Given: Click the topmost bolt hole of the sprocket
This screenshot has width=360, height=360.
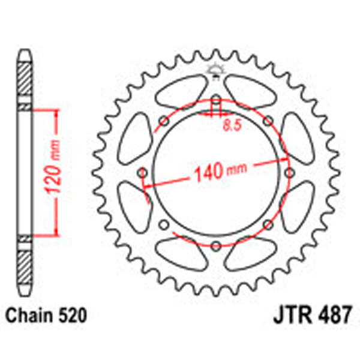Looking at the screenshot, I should [215, 100].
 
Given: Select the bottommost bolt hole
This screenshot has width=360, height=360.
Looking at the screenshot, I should [215, 245].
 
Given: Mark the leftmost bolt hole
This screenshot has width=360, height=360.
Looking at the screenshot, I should [142, 173].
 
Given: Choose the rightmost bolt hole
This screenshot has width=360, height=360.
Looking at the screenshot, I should [289, 173].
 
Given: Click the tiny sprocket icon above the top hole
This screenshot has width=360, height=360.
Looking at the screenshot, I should [215, 70].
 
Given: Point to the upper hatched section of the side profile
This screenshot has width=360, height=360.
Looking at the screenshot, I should [24, 80].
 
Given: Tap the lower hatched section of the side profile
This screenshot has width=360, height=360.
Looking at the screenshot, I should [24, 264].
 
